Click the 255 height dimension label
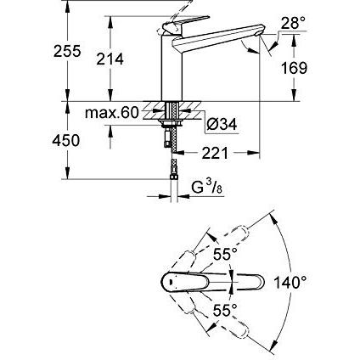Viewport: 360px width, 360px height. click(x=67, y=51)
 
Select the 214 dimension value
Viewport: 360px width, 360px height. click(x=110, y=59)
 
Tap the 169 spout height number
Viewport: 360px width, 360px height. click(x=294, y=68)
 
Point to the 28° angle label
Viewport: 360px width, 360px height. click(x=294, y=23)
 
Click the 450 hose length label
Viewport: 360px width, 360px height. click(x=66, y=140)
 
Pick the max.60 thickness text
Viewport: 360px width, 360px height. click(x=112, y=113)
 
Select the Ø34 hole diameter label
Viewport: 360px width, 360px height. click(x=222, y=124)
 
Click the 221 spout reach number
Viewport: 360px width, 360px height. click(x=215, y=154)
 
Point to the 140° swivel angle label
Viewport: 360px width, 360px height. click(x=290, y=282)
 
